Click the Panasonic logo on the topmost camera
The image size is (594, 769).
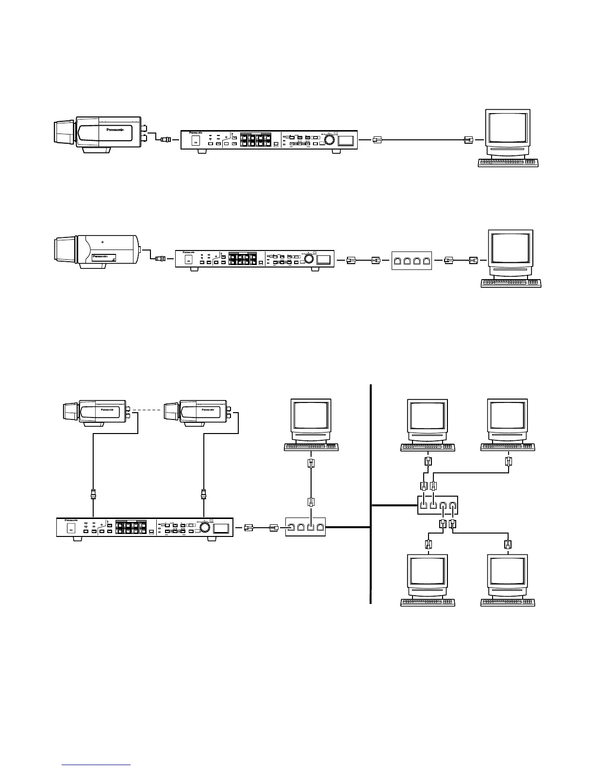pos(115,130)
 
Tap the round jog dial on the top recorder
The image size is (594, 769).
pos(330,140)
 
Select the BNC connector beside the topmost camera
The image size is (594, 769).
pos(165,139)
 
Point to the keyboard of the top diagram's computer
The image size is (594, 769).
pos(509,163)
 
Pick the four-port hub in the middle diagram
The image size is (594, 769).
pos(411,261)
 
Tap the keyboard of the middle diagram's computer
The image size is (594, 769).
pos(511,284)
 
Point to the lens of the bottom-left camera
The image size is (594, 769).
pos(70,412)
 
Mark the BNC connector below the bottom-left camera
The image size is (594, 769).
pos(93,495)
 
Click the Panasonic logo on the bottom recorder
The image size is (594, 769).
pos(72,520)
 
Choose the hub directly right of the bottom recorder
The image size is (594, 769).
pos(305,527)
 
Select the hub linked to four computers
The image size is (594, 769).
pos(437,505)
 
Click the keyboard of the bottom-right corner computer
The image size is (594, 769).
pos(508,602)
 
